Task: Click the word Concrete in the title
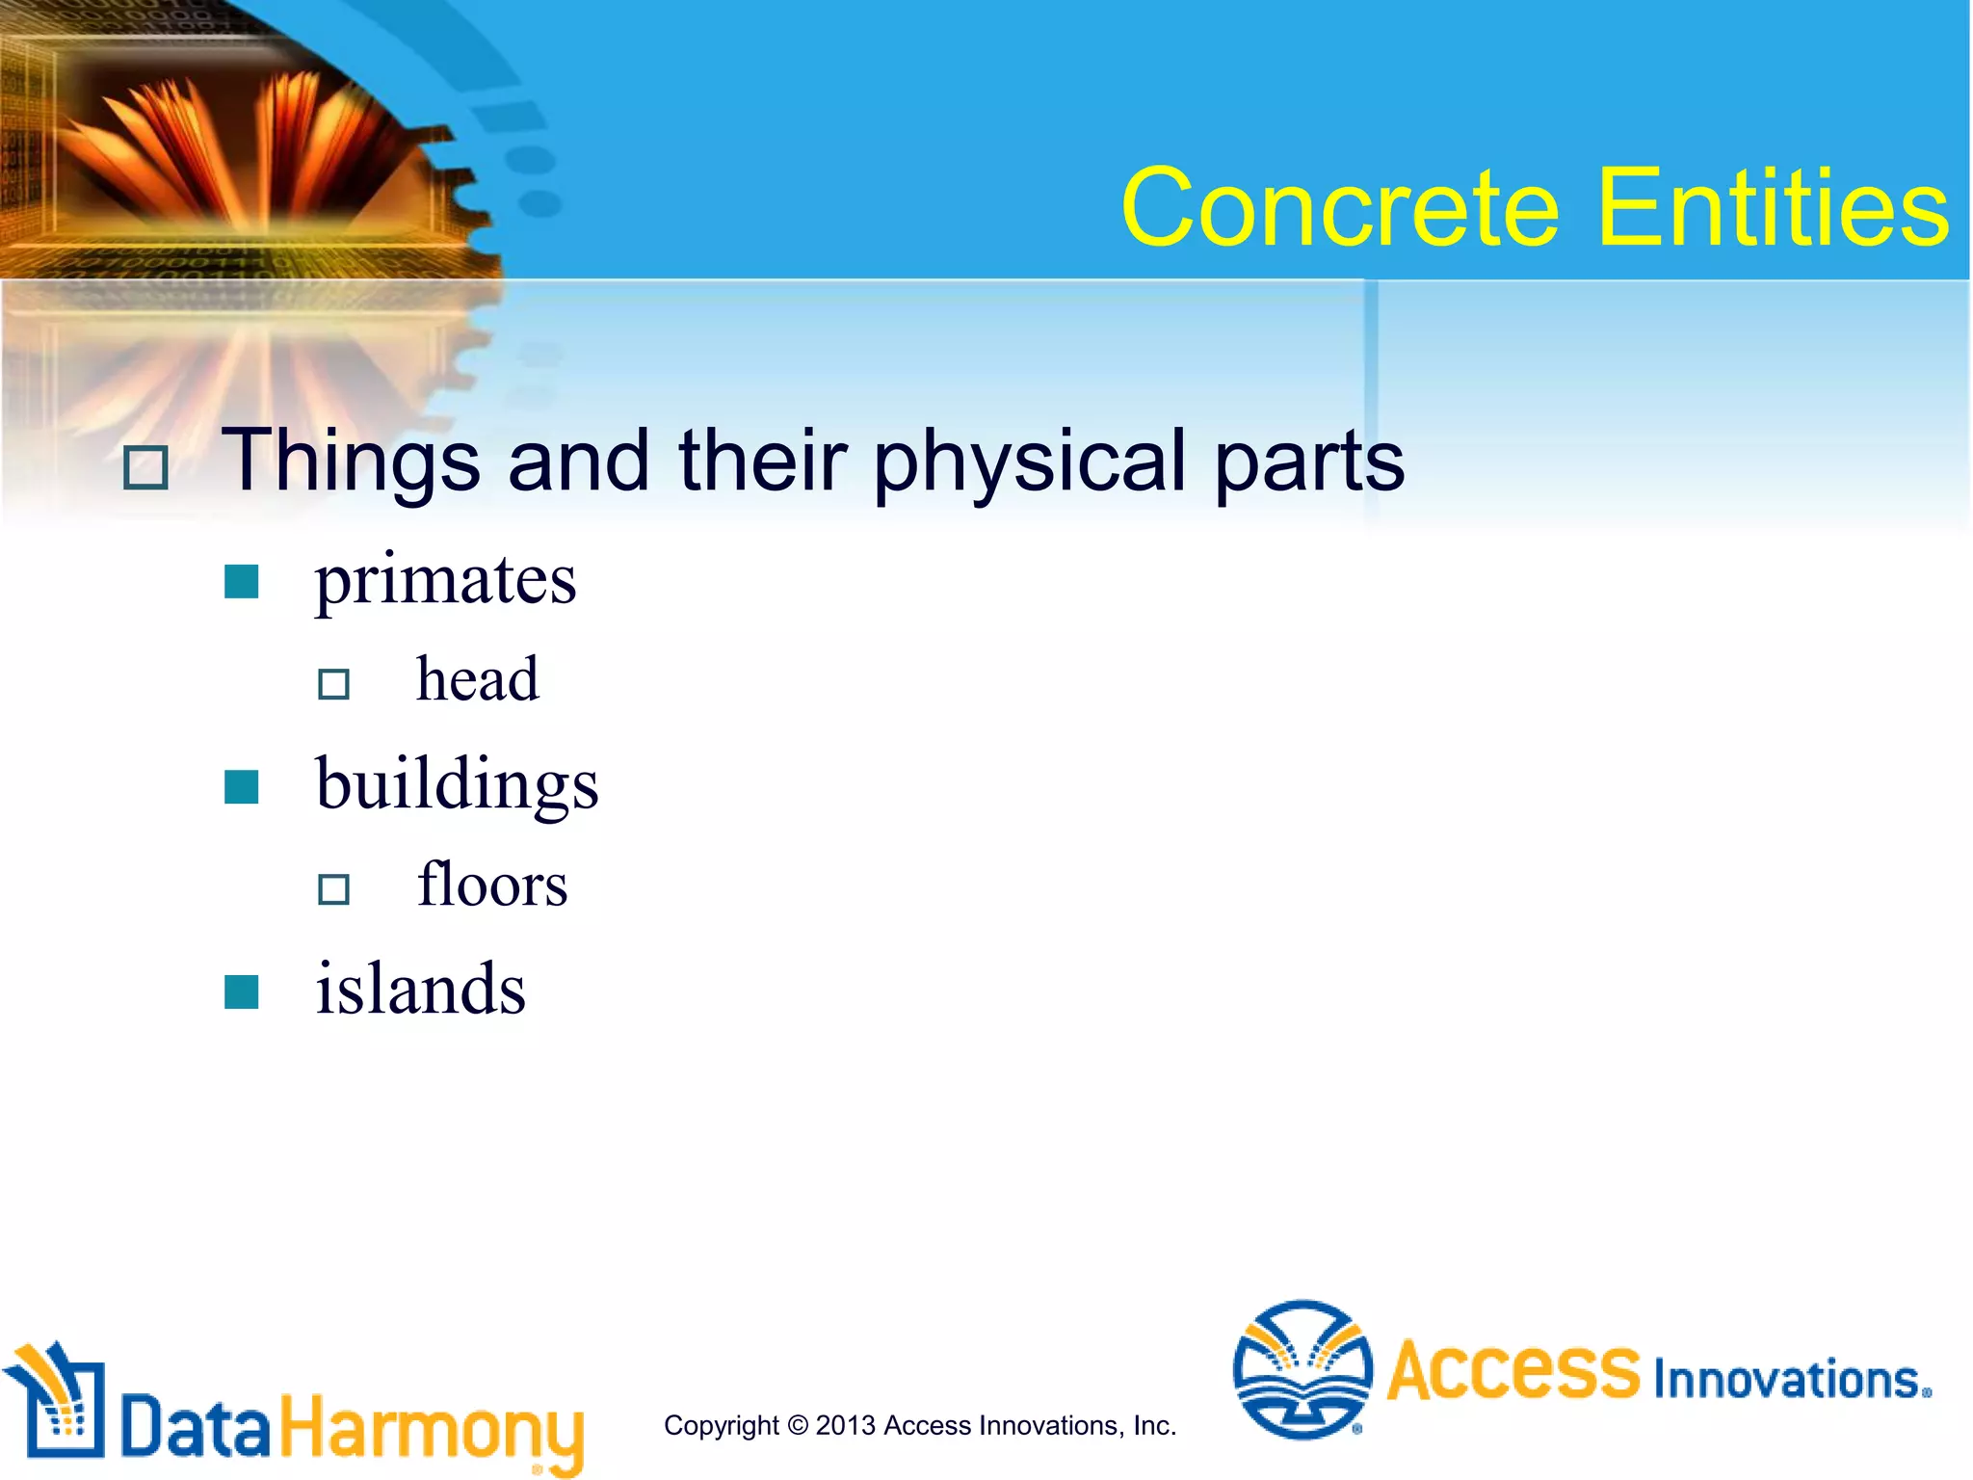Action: pyautogui.click(x=1339, y=208)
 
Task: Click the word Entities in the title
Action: pyautogui.click(x=1773, y=208)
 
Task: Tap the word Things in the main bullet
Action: pyautogui.click(x=351, y=462)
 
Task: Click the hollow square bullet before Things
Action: pyautogui.click(x=146, y=468)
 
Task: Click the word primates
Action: pyautogui.click(x=445, y=580)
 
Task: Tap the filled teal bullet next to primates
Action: pyautogui.click(x=241, y=582)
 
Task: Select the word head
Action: pyautogui.click(x=477, y=680)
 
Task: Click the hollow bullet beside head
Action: pyautogui.click(x=333, y=684)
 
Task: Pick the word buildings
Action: pyautogui.click(x=457, y=785)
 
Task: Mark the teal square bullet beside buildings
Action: pyautogui.click(x=241, y=787)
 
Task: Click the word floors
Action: pyautogui.click(x=491, y=885)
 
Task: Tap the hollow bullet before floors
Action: pyautogui.click(x=333, y=888)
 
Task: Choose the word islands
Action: pyautogui.click(x=421, y=990)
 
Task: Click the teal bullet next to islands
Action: pyautogui.click(x=241, y=991)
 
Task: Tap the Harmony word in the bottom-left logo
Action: pyautogui.click(x=432, y=1428)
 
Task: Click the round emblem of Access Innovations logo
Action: pyautogui.click(x=1302, y=1368)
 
